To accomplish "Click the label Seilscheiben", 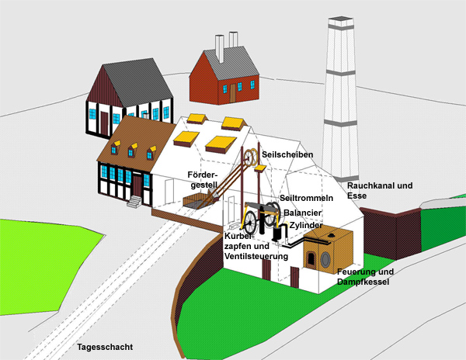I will click(287, 154).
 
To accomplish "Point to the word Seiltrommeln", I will click(307, 199).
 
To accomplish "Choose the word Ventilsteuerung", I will click(256, 256).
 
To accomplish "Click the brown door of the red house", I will click(232, 92).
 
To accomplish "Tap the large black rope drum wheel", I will click(270, 216).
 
